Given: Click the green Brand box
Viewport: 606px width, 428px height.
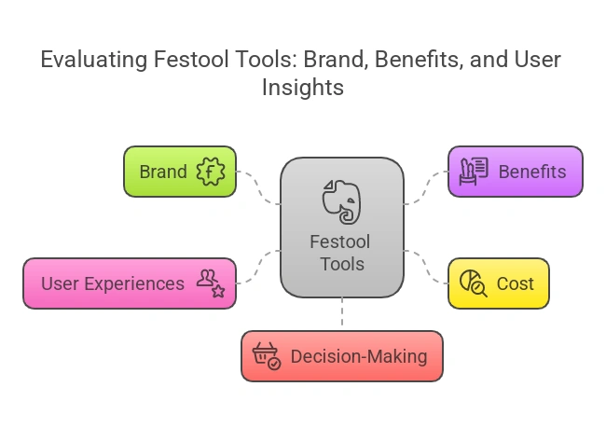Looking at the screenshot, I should [x=179, y=172].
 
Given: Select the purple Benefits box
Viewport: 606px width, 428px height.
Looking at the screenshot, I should [x=515, y=172].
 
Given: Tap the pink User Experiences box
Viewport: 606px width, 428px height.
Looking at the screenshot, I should [x=129, y=283].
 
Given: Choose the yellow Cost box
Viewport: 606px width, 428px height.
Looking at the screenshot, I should [x=499, y=283].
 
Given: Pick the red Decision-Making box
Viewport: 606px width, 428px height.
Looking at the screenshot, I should [x=341, y=356].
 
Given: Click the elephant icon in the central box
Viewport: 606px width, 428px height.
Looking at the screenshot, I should [x=341, y=200].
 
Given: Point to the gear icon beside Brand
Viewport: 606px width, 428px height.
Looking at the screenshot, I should [x=211, y=172].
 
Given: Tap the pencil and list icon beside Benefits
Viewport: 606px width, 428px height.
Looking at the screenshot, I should [x=475, y=171].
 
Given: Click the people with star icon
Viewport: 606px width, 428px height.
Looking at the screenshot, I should [x=211, y=283].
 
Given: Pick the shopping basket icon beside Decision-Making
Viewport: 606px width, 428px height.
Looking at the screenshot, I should [x=268, y=356].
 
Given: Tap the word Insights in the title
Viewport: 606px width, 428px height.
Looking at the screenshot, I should [x=303, y=88].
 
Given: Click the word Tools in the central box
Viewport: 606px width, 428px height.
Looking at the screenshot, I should [x=341, y=264].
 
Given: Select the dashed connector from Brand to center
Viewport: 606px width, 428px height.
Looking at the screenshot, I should [x=259, y=191].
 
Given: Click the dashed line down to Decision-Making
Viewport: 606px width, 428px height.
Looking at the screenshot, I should [x=342, y=313].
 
